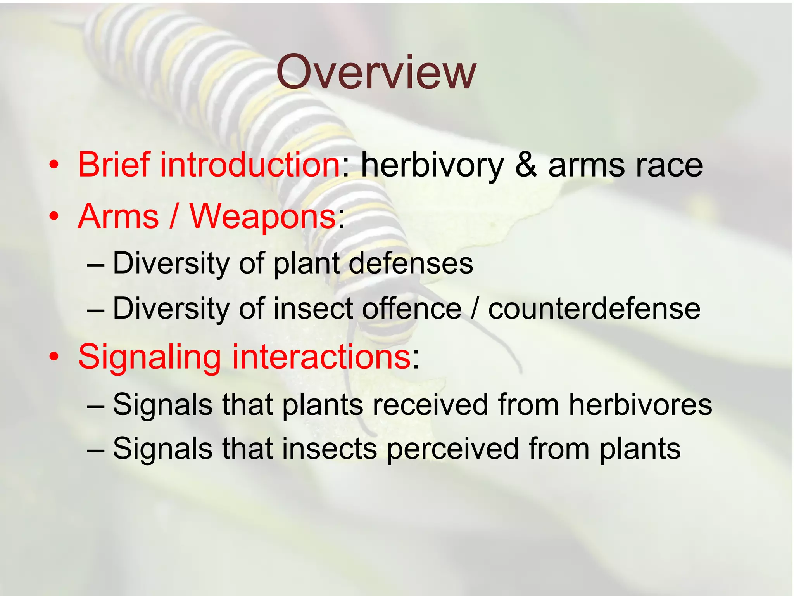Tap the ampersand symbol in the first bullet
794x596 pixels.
[526, 165]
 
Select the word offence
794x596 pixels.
[412, 308]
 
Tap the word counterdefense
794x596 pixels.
[594, 308]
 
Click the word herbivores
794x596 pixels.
[640, 405]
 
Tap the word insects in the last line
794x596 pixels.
[329, 449]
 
